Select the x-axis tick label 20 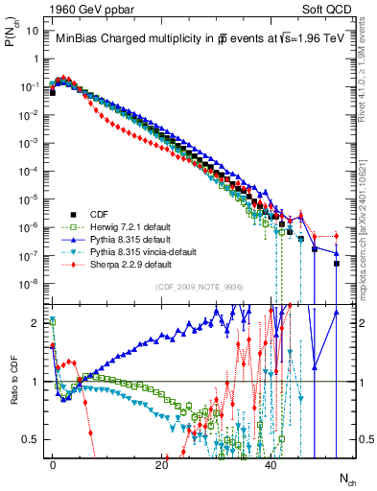[x=162, y=463]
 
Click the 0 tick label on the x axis [x=53, y=463]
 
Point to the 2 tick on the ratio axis [x=36, y=322]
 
